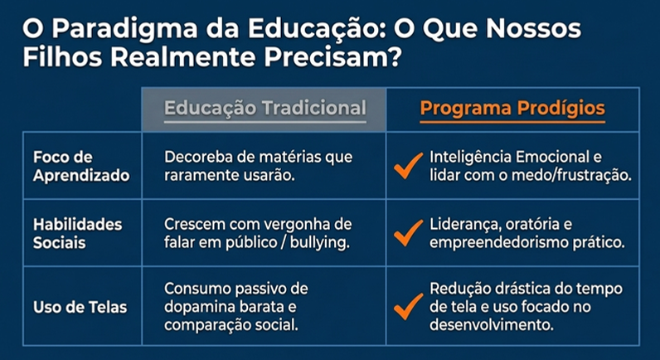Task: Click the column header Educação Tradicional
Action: pos(265,108)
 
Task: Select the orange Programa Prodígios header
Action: pos(512,108)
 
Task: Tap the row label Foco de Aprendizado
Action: pos(81,167)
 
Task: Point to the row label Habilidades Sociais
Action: pos(77,233)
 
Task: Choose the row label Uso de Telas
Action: pos(80,308)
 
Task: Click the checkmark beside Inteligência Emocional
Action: pos(408,166)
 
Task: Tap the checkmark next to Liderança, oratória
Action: pos(408,233)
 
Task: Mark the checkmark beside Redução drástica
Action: pos(408,307)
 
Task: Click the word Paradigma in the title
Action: pos(125,30)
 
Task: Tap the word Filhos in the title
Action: pos(63,58)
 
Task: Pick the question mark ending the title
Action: pos(394,58)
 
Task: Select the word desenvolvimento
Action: pos(491,325)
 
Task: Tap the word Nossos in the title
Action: pos(533,30)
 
